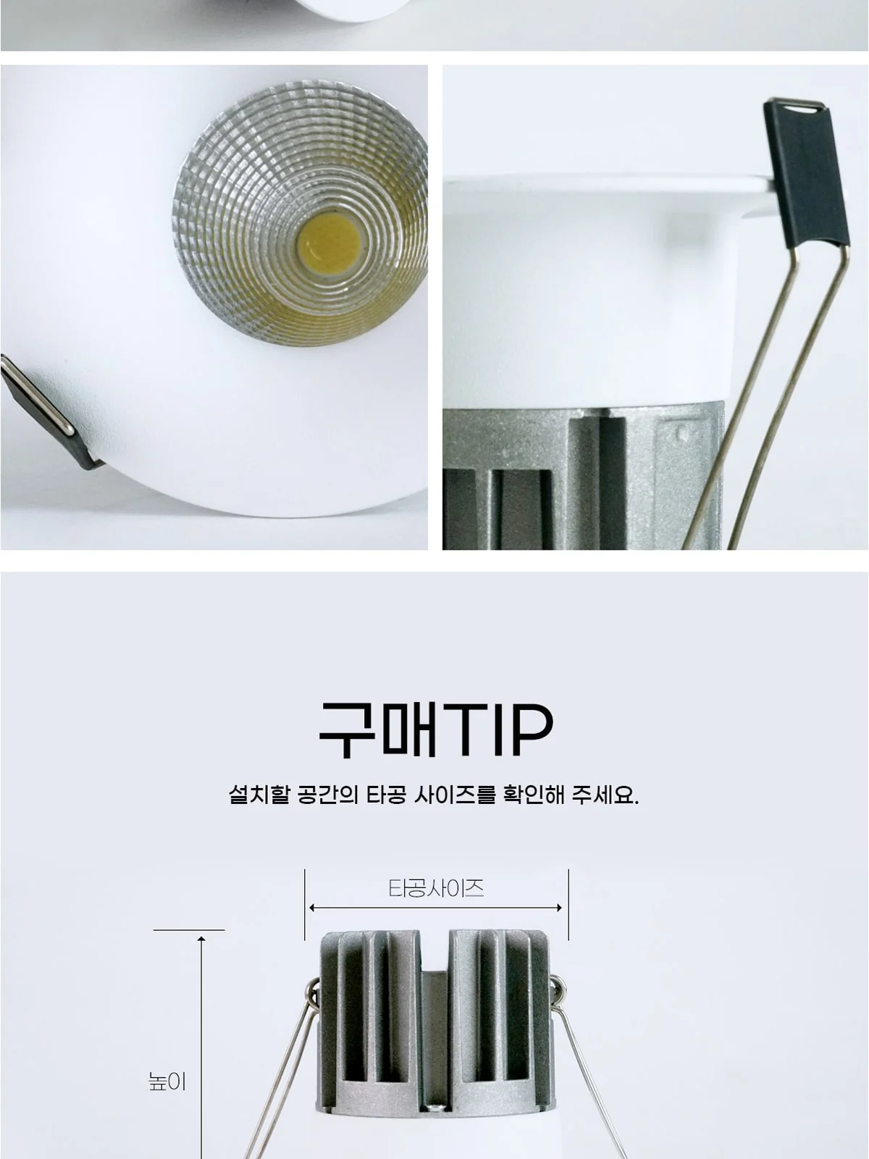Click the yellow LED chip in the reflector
click(x=328, y=246)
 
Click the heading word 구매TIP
click(x=436, y=730)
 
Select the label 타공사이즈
click(x=436, y=888)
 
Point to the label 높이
click(x=167, y=1082)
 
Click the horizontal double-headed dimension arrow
click(x=436, y=908)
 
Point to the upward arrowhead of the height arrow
click(x=201, y=939)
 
